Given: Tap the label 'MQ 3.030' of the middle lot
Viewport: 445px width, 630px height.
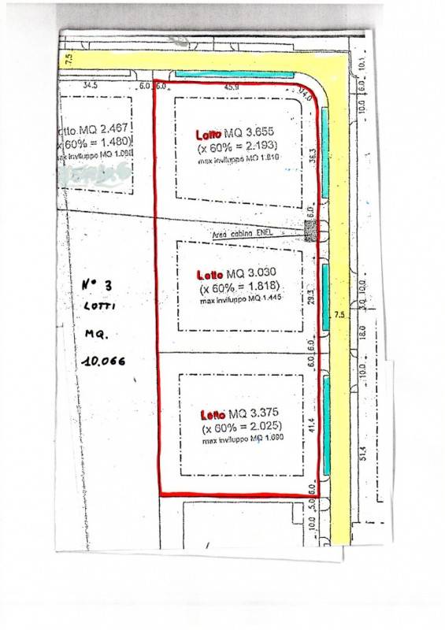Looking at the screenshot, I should point(250,274).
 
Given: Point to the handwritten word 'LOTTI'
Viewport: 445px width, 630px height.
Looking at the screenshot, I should point(99,308).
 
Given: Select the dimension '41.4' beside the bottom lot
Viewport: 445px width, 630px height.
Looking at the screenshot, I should point(313,429).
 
